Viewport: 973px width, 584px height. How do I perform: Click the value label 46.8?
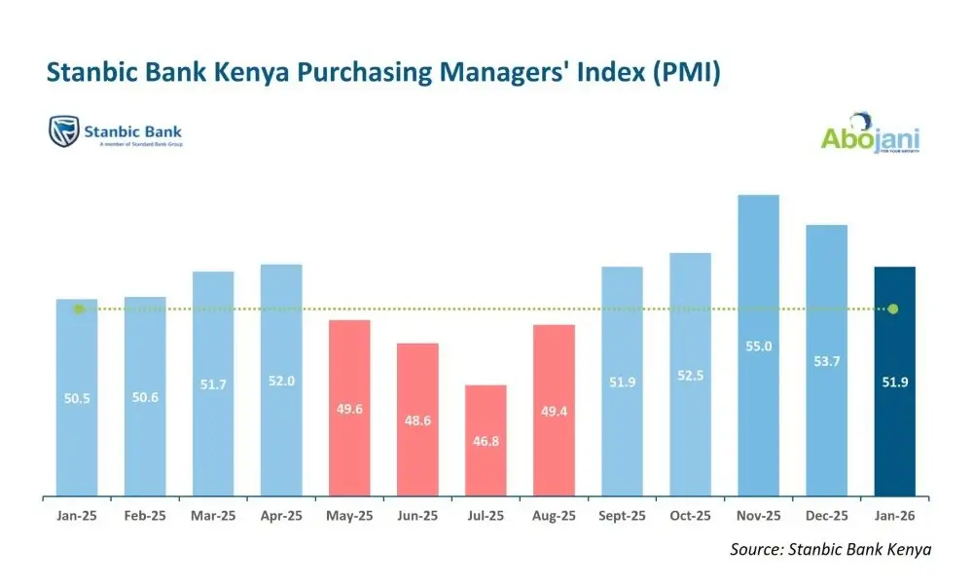click(486, 440)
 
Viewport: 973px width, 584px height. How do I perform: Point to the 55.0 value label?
click(758, 346)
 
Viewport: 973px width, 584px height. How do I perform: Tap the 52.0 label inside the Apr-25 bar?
click(281, 382)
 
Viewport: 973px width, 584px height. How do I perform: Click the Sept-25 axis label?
click(622, 515)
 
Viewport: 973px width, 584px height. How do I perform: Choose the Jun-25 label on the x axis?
click(417, 515)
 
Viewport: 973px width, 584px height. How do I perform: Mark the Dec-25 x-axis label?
click(826, 515)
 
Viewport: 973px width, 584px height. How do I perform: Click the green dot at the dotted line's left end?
click(79, 309)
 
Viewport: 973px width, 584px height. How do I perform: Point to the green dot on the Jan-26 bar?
click(893, 309)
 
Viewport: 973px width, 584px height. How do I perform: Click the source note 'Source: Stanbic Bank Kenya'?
click(830, 550)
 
